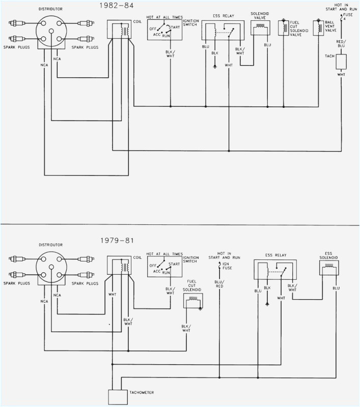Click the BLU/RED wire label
click(x=219, y=283)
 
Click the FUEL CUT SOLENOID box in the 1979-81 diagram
click(x=193, y=302)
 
